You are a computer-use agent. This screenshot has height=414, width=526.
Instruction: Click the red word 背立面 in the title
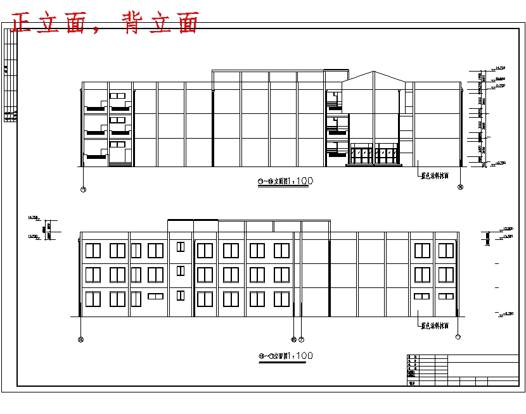pyautogui.click(x=162, y=23)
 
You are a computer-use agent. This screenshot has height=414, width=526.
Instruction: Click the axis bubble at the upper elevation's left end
pyautogui.click(x=84, y=189)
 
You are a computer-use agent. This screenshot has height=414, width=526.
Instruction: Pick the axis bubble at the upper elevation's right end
pyautogui.click(x=461, y=187)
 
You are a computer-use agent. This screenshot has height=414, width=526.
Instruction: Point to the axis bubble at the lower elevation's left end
pyautogui.click(x=80, y=339)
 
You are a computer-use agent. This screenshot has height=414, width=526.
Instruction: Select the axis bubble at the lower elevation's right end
pyautogui.click(x=458, y=337)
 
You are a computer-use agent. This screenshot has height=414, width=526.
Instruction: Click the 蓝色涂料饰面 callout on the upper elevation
pyautogui.click(x=435, y=176)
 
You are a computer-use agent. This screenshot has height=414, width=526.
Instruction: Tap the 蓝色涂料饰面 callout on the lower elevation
pyautogui.click(x=435, y=326)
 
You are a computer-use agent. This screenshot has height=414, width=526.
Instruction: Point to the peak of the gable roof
pyautogui.click(x=375, y=72)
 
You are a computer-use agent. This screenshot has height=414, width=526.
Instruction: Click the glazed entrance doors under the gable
pyautogui.click(x=374, y=155)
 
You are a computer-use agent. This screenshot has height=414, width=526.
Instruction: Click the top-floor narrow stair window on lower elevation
pyautogui.click(x=181, y=246)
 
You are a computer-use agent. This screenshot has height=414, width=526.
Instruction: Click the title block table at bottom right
pyautogui.click(x=461, y=370)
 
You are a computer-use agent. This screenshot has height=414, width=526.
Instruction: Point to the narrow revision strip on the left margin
pyautogui.click(x=10, y=76)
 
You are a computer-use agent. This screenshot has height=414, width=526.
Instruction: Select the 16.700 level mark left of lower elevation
pyautogui.click(x=33, y=218)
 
